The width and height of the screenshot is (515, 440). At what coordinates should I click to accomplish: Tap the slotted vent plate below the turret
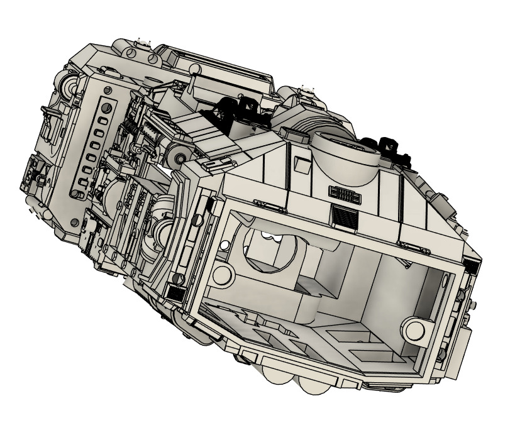coord(345,194)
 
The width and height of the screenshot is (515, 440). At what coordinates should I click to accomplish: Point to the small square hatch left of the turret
coord(302,165)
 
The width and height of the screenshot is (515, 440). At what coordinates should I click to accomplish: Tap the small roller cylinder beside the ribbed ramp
coord(179,157)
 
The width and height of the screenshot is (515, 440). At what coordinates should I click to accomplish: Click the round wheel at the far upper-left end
coord(70,85)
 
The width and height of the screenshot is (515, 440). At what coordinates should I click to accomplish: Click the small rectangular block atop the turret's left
coord(291,132)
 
